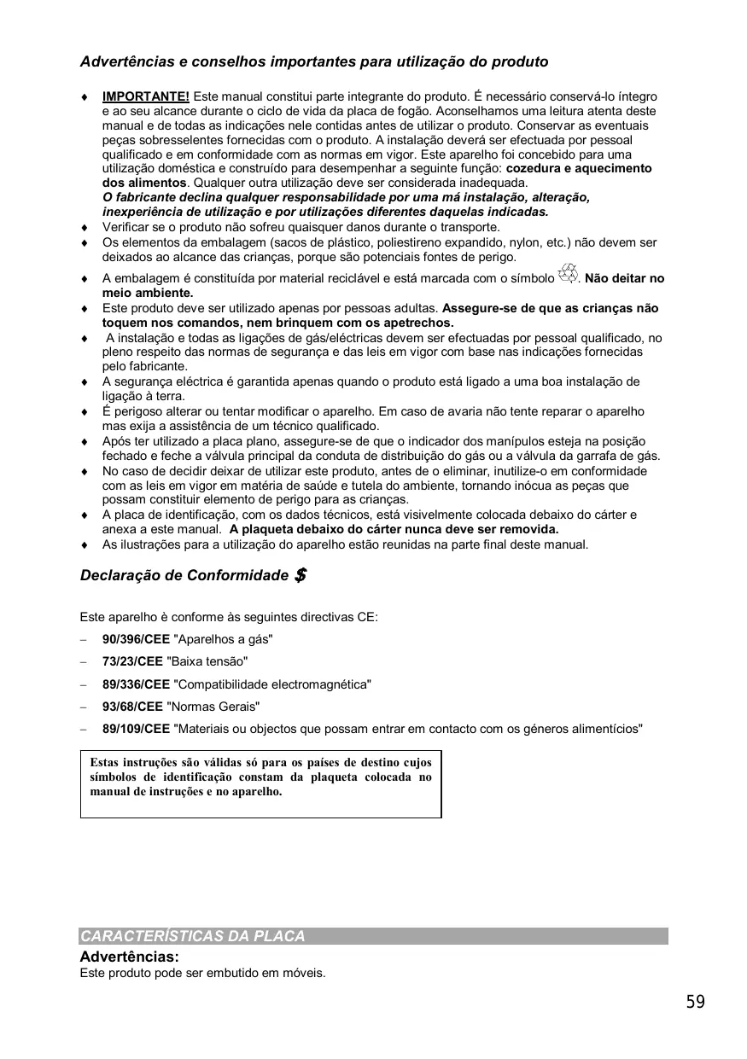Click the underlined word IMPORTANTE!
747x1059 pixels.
point(145,96)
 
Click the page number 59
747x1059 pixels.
point(695,1002)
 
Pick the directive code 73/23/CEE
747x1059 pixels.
point(132,661)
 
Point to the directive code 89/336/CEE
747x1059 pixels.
point(136,684)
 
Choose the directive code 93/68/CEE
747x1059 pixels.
point(132,707)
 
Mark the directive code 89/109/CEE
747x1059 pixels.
point(136,729)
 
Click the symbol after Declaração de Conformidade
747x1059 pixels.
point(300,575)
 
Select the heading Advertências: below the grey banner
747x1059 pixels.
point(129,957)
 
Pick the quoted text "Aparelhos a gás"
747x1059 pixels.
point(223,639)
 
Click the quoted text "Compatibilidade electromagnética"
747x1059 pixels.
point(272,684)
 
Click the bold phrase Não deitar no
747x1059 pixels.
point(624,278)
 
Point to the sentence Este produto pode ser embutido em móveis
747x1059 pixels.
point(202,974)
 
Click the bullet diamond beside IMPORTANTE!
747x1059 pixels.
point(84,97)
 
